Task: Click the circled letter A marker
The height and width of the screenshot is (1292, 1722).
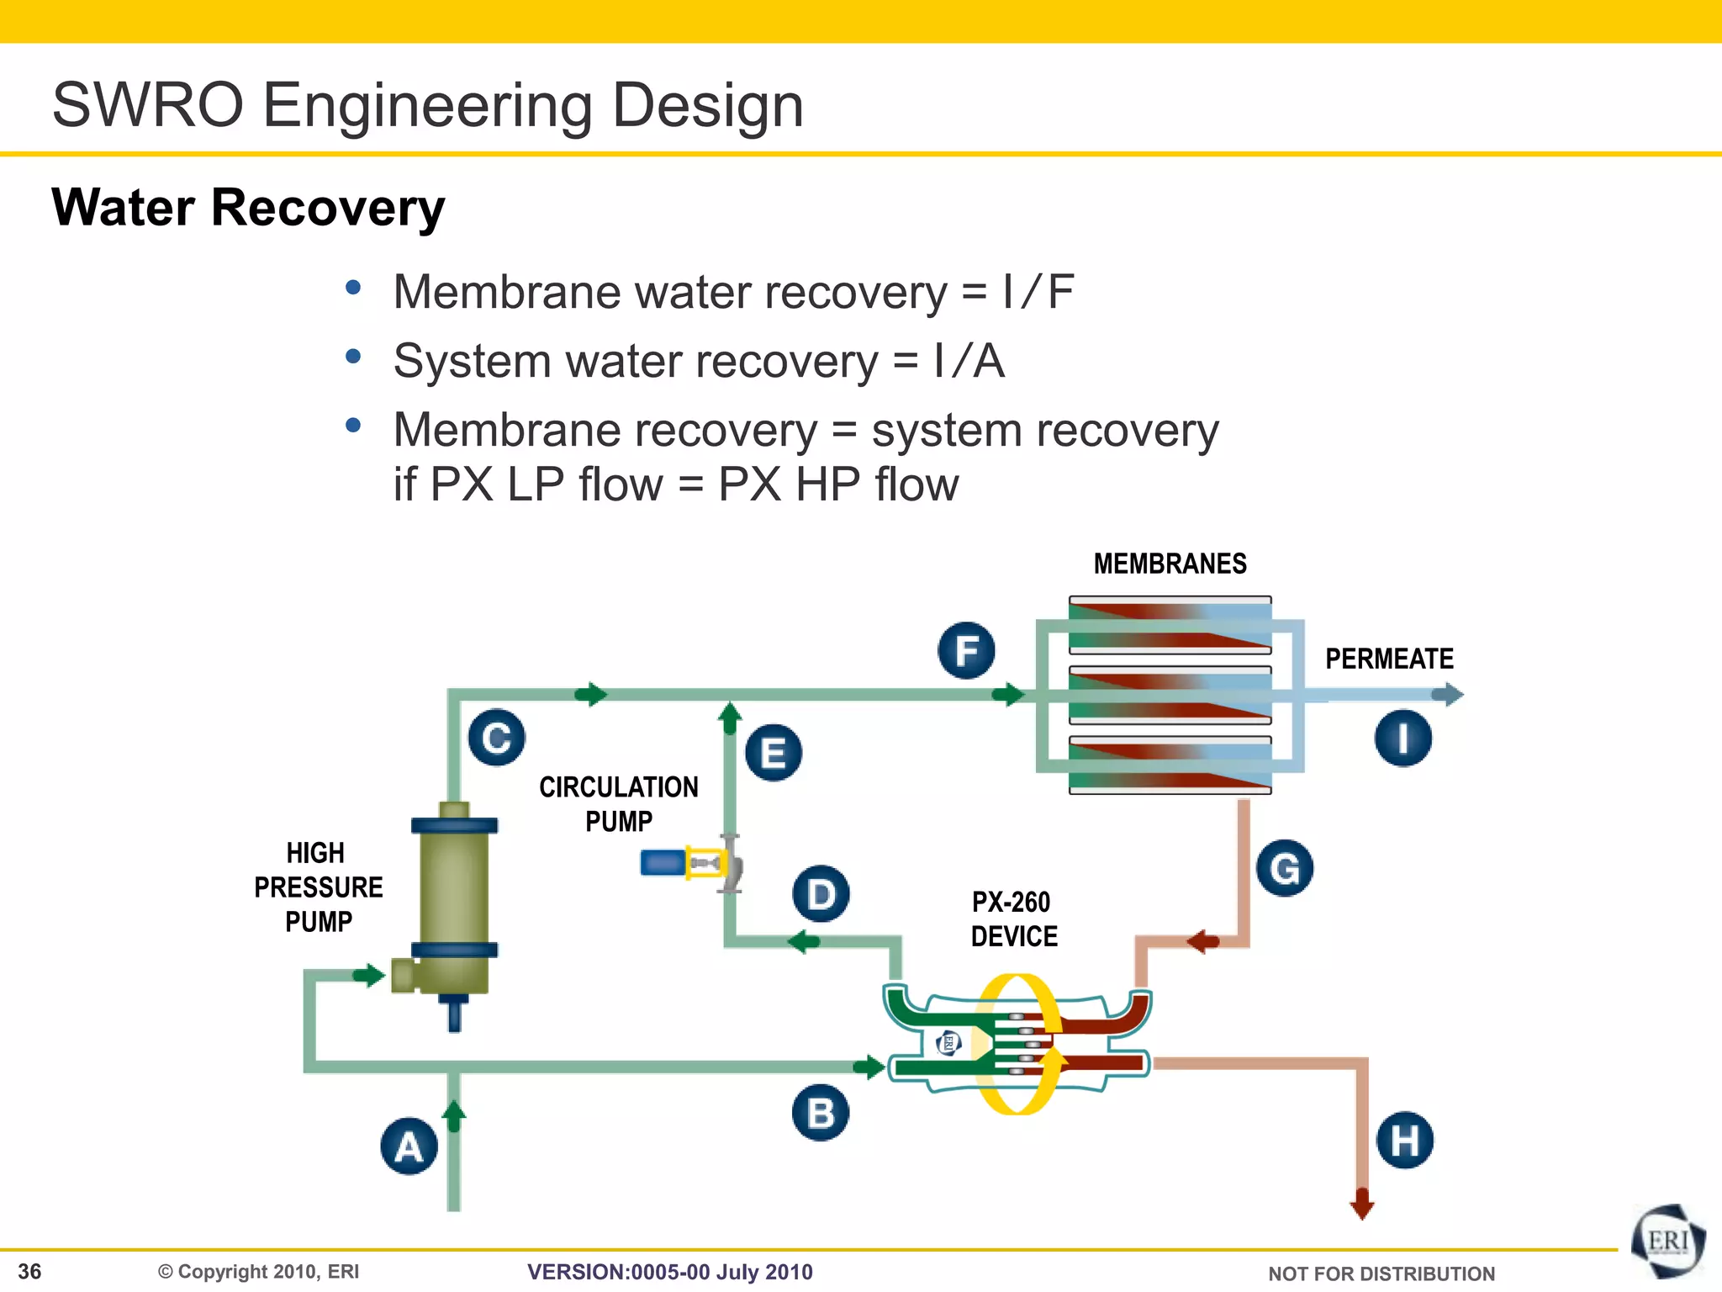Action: pos(409,1146)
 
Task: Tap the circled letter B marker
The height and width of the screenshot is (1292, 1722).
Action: pos(821,1112)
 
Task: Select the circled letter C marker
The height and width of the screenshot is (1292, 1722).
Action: pos(497,738)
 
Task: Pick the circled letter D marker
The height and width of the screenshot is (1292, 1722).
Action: pos(821,893)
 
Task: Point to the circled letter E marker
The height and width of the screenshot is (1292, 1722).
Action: pos(774,752)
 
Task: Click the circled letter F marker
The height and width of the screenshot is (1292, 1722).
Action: pos(967,650)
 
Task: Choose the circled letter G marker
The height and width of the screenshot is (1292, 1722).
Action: pos(1285,868)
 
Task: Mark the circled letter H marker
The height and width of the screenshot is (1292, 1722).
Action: pos(1405,1141)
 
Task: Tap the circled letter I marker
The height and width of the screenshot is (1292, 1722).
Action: pos(1403,739)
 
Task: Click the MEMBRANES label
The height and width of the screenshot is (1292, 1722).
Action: pos(1170,564)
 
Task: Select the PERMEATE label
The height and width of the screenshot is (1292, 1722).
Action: pos(1389,659)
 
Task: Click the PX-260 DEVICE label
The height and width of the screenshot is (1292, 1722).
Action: pos(1013,919)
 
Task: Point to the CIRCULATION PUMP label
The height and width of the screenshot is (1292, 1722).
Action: pos(619,803)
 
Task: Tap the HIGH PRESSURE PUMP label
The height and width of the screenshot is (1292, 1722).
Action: pos(318,887)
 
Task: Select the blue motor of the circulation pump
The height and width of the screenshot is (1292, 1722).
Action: pos(663,862)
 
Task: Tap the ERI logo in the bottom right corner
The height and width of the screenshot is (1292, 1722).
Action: pos(1668,1242)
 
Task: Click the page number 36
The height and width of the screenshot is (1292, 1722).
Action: pos(29,1271)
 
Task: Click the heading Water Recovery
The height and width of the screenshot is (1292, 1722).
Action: pos(248,208)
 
